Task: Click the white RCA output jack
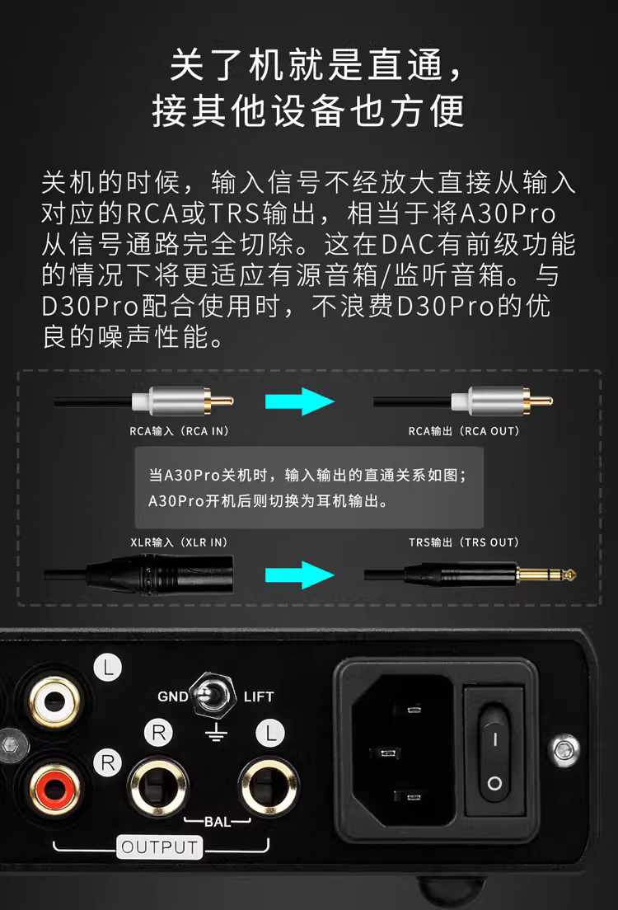[x=54, y=702]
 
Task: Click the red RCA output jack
[x=54, y=789]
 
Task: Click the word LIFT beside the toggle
[x=258, y=697]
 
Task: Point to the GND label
[x=172, y=697]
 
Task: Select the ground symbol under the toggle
[x=216, y=733]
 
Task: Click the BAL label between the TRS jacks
[x=218, y=821]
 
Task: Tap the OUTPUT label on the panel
[x=160, y=847]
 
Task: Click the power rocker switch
[x=494, y=752]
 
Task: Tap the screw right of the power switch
[x=565, y=750]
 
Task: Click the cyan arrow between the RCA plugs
[x=299, y=401]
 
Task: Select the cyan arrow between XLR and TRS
[x=299, y=575]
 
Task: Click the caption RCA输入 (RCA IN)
[x=179, y=431]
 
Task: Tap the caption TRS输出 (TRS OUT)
[x=464, y=542]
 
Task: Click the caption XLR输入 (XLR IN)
[x=179, y=542]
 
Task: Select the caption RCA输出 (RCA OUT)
[x=464, y=431]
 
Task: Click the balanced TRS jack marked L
[x=269, y=787]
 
